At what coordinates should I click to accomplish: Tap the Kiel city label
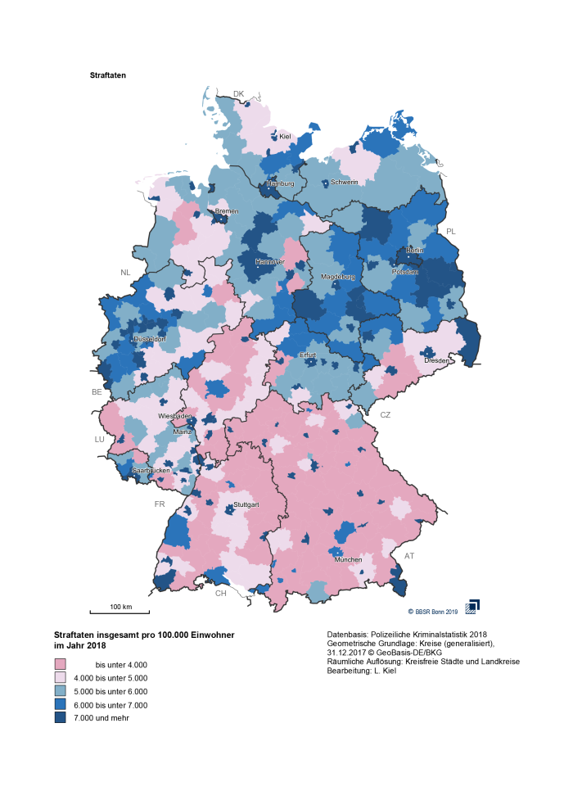(x=285, y=137)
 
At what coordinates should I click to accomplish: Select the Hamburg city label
(x=280, y=183)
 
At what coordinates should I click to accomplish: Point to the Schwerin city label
(x=345, y=182)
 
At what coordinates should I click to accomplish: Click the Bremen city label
(x=227, y=211)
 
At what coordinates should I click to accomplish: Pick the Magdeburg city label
(x=337, y=278)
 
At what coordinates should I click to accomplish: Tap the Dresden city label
(x=435, y=360)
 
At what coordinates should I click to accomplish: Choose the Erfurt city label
(x=307, y=355)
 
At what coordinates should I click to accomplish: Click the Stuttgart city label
(x=246, y=505)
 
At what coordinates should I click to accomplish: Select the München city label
(x=348, y=559)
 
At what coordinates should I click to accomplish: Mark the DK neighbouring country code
(x=238, y=94)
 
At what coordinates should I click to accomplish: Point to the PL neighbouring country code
(x=450, y=232)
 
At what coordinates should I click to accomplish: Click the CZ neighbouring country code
(x=385, y=415)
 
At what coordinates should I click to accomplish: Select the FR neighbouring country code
(x=160, y=504)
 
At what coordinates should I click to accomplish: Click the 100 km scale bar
(x=120, y=610)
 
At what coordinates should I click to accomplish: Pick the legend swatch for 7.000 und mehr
(x=60, y=718)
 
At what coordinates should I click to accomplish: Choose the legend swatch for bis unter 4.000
(x=60, y=665)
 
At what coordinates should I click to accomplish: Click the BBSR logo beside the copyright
(x=472, y=606)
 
